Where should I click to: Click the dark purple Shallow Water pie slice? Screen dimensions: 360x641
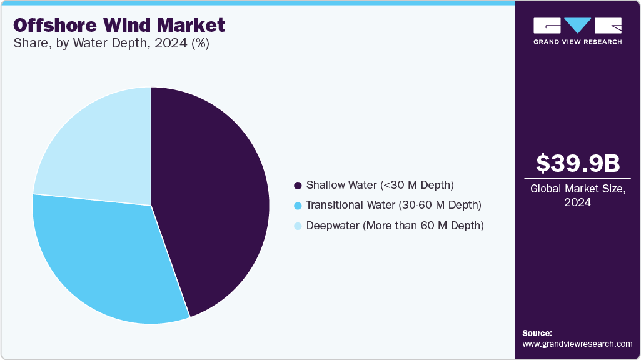pyautogui.click(x=213, y=200)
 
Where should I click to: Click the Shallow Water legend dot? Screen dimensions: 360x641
pyautogui.click(x=298, y=186)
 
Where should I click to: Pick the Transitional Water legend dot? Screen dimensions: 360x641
pyautogui.click(x=298, y=206)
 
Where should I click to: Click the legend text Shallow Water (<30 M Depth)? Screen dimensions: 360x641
pyautogui.click(x=380, y=185)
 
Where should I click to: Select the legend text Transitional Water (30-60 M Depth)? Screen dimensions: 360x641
pyautogui.click(x=393, y=205)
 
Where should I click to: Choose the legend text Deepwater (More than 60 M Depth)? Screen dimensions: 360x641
pyautogui.click(x=395, y=226)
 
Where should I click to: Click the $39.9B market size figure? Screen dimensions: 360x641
pyautogui.click(x=578, y=163)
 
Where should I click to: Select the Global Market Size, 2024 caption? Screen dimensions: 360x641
pyautogui.click(x=578, y=195)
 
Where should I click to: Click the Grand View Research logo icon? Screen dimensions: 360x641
pyautogui.click(x=577, y=26)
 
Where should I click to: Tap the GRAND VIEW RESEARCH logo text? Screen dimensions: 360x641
pyautogui.click(x=577, y=42)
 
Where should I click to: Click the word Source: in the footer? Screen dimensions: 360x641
pyautogui.click(x=537, y=333)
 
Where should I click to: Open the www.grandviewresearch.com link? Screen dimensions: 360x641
pyautogui.click(x=577, y=344)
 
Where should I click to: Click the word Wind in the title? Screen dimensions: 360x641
pyautogui.click(x=129, y=26)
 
